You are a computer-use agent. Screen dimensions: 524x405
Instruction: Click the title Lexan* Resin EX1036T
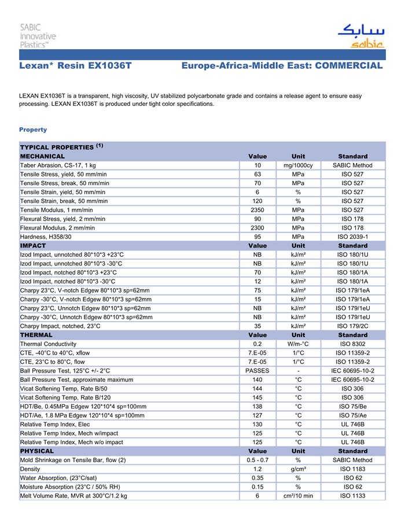(76, 67)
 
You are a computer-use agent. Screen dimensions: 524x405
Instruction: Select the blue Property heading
(33, 130)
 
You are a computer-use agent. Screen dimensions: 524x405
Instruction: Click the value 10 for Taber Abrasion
(257, 165)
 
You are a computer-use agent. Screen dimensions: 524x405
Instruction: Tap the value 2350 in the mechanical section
(257, 210)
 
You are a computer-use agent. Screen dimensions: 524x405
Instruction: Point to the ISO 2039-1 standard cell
(352, 237)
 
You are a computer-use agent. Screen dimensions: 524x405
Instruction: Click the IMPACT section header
(33, 246)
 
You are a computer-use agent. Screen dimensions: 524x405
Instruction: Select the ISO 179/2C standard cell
(352, 326)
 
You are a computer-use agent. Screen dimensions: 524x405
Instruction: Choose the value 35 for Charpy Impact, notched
(257, 326)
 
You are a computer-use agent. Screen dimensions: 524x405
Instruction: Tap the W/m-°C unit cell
(298, 344)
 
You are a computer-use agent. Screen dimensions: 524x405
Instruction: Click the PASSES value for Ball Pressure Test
(257, 371)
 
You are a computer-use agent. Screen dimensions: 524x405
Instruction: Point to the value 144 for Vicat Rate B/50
(257, 389)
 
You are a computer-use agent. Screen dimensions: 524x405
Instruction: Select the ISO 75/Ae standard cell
(352, 415)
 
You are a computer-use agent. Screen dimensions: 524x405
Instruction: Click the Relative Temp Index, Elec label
(57, 425)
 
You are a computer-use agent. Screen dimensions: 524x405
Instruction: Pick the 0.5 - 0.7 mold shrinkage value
(257, 460)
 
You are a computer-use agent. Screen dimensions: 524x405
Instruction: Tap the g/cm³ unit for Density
(298, 469)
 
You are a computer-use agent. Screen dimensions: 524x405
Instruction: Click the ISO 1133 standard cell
(352, 496)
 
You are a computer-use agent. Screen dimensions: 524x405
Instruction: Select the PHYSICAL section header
(37, 451)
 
